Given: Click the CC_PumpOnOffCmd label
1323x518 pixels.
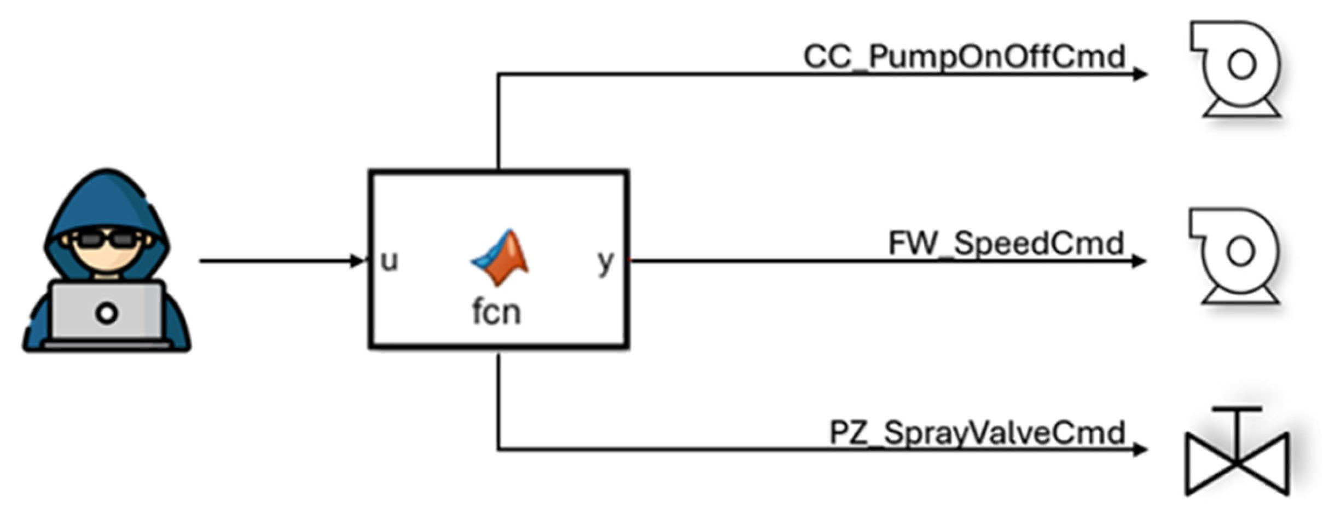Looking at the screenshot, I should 964,56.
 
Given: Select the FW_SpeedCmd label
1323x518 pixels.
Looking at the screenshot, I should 1006,243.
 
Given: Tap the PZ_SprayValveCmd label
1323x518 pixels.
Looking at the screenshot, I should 977,433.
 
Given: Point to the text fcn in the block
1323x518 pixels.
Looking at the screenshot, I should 496,313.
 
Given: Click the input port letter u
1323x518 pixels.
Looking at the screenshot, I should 389,261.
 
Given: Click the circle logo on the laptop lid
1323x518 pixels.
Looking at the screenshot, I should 107,313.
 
